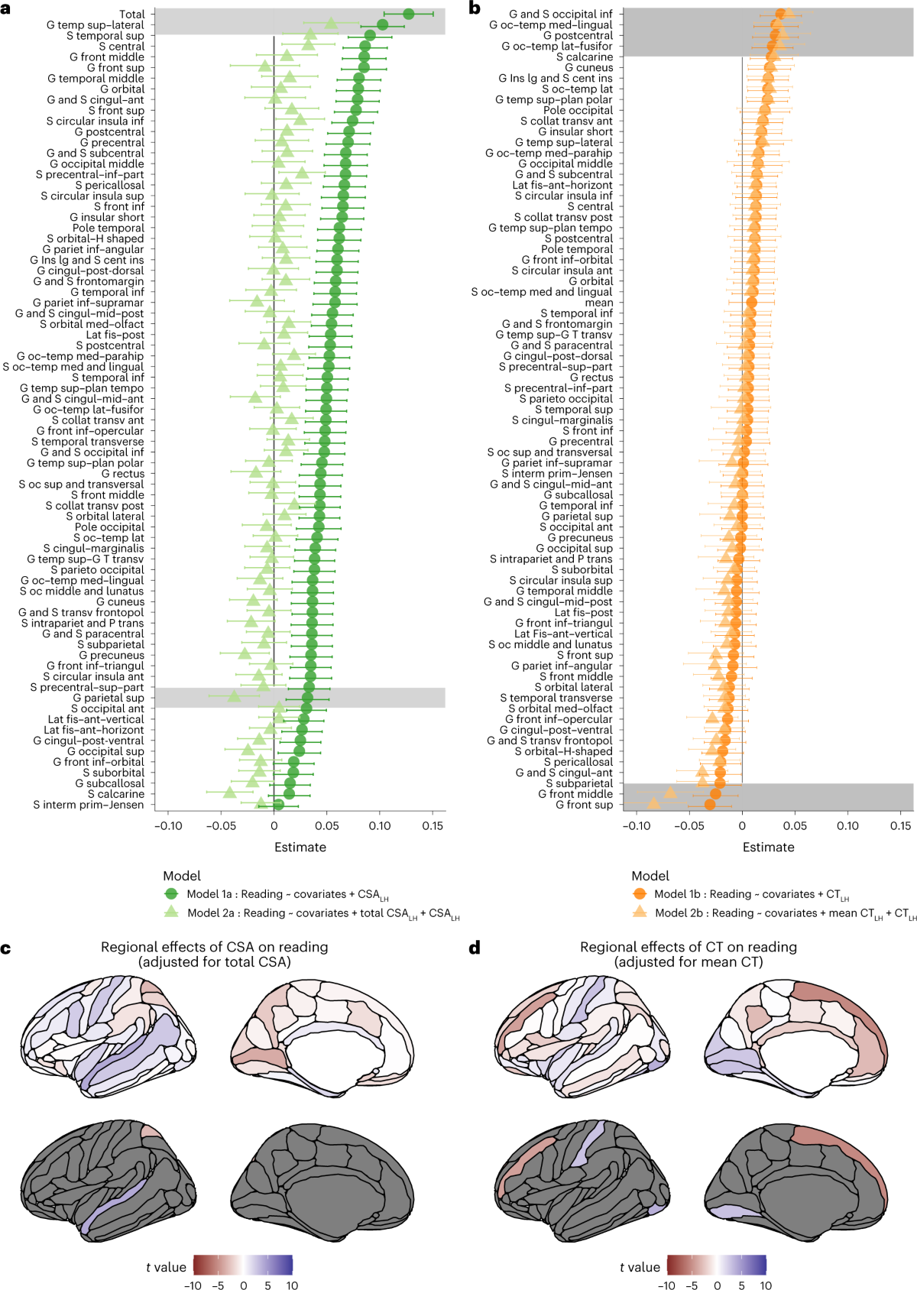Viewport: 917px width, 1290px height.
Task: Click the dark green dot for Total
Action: [408, 14]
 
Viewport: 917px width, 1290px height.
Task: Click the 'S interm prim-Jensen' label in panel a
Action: [88, 805]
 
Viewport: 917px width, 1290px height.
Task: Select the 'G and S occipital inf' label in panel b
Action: [560, 14]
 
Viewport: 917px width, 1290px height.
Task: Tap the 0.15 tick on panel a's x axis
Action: [433, 826]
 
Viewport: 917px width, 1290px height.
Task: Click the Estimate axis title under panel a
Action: [300, 847]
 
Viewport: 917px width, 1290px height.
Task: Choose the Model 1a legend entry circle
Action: [171, 894]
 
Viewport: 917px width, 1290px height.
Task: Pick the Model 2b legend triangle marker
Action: [640, 912]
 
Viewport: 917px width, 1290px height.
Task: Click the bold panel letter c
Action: [6, 948]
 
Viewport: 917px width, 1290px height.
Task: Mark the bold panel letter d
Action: [475, 948]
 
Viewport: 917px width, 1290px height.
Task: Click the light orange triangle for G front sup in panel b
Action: [653, 803]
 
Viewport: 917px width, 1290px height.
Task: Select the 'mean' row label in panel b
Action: [599, 303]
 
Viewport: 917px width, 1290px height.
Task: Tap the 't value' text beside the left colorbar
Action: [166, 1267]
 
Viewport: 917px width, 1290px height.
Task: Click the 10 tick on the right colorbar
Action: [766, 1285]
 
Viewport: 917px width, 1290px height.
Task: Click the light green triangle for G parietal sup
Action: [235, 696]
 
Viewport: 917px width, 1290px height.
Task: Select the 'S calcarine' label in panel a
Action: [115, 794]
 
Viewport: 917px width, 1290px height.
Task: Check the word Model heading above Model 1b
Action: [650, 876]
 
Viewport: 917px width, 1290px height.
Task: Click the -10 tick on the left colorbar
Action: [193, 1285]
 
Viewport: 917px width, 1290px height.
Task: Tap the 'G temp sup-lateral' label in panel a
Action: [95, 24]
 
